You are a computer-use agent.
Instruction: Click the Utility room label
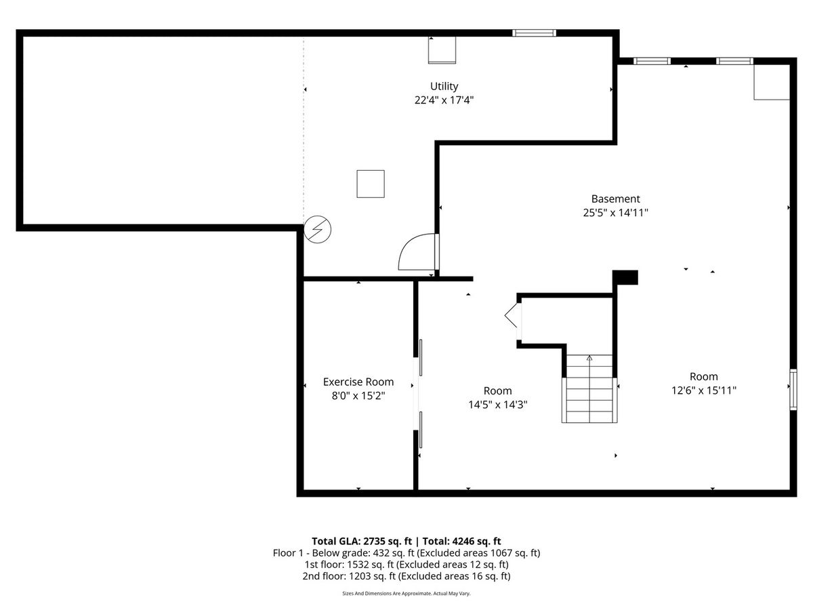tap(444, 86)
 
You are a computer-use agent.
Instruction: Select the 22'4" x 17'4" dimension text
tap(444, 100)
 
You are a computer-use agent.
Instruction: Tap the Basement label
tap(615, 199)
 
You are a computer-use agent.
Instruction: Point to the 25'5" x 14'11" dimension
tap(615, 213)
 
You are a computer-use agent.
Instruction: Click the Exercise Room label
tap(358, 382)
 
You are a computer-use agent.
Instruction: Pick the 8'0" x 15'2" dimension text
tap(358, 396)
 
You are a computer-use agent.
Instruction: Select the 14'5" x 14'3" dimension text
tap(497, 405)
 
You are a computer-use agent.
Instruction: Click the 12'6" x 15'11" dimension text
tap(704, 390)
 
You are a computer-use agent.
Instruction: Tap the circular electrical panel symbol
tap(318, 229)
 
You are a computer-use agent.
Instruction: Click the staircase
tap(589, 388)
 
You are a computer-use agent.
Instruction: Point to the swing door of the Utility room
tap(419, 252)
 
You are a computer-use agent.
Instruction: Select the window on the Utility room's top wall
tap(534, 33)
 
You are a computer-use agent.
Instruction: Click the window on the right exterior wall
tap(793, 389)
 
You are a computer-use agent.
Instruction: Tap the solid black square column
tap(625, 277)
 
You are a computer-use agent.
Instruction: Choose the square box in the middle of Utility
tap(371, 184)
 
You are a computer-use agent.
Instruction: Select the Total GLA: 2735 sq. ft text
tap(362, 541)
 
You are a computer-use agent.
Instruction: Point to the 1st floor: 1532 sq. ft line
tap(406, 565)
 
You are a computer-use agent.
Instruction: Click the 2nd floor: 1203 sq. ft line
tap(406, 576)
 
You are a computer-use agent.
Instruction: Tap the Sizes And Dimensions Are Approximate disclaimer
tap(406, 593)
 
